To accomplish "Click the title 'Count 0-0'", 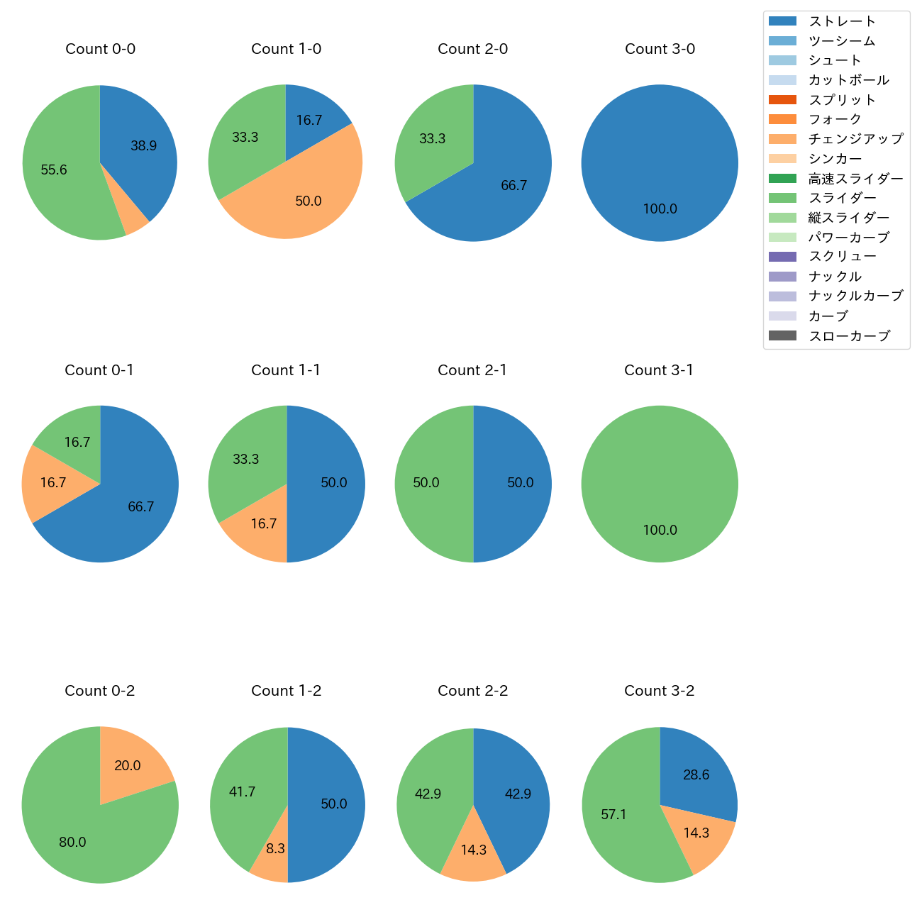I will click(100, 49).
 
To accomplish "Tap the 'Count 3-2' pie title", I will click(659, 691).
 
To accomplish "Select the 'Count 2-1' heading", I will click(472, 370).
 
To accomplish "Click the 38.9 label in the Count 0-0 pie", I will click(143, 146).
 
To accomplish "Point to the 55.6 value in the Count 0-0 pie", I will click(54, 170).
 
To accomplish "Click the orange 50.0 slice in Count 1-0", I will click(309, 201).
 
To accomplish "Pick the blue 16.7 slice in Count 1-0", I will click(309, 121).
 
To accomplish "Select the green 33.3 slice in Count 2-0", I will click(432, 139).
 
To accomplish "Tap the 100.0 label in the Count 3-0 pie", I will click(660, 209).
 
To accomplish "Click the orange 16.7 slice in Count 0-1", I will click(53, 483).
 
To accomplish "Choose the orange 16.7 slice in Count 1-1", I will click(263, 524).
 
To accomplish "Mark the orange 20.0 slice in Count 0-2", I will click(128, 766).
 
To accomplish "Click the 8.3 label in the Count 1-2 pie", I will click(275, 849).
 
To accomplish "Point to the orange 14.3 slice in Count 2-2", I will click(473, 850).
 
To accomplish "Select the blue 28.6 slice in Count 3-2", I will click(696, 775).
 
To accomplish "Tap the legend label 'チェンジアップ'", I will click(855, 139).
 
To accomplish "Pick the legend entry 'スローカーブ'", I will click(849, 336).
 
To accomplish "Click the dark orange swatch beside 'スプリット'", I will click(782, 100).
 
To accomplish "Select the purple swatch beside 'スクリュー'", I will click(782, 257).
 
